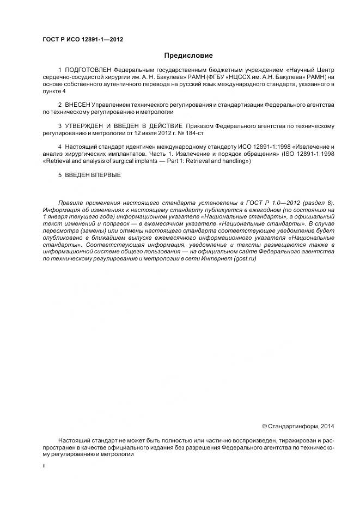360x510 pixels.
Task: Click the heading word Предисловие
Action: (188, 55)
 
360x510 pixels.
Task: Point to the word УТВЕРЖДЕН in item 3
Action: (87, 126)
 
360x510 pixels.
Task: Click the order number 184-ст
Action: (194, 133)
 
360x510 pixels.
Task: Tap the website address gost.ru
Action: (244, 259)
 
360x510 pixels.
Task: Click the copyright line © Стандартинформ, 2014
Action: (298, 426)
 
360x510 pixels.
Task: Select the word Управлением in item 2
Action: (111, 104)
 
